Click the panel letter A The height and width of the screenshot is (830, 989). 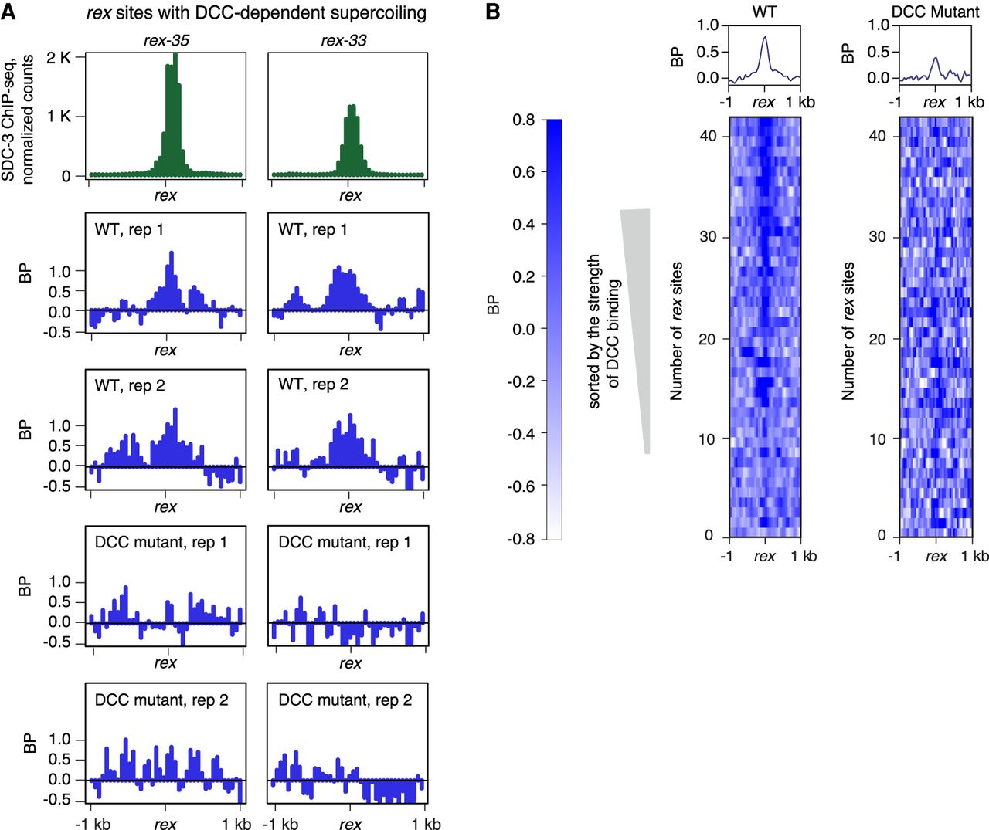pos(8,12)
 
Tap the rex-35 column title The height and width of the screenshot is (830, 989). pos(166,40)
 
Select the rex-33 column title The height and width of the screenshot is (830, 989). pos(343,40)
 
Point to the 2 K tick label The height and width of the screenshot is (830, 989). pos(59,58)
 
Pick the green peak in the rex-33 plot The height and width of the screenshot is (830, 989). pos(352,135)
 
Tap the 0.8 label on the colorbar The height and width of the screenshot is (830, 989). pos(523,120)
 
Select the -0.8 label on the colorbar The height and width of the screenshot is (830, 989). pos(521,539)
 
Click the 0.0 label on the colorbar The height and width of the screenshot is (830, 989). pos(523,329)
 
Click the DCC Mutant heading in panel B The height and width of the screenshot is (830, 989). pos(935,12)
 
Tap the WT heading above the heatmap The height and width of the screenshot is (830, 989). pos(764,12)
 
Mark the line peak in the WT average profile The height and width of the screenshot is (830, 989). pos(764,37)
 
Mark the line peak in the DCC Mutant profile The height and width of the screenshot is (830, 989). pos(935,58)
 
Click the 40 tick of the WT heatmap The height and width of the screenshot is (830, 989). pos(708,136)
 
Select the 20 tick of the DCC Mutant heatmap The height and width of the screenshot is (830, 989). pos(877,339)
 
